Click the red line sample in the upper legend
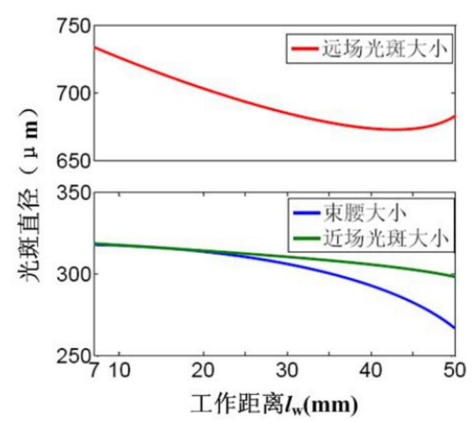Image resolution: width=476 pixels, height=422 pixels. point(304,49)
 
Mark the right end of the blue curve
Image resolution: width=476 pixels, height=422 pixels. point(455,328)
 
